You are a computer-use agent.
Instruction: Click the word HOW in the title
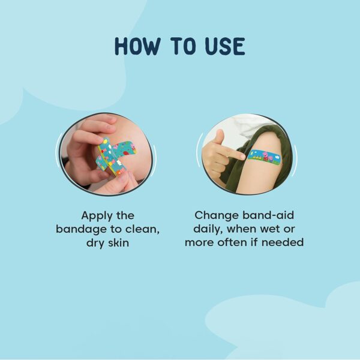[x=137, y=46]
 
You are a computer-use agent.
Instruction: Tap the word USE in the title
[x=225, y=46]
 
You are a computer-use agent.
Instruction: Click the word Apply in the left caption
[x=97, y=216]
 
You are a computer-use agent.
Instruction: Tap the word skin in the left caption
[x=118, y=242]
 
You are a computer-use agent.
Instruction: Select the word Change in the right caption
[x=217, y=216]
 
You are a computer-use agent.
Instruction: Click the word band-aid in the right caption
[x=268, y=215]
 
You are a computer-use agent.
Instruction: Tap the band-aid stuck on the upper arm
[x=265, y=157]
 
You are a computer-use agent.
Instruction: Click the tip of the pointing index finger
[x=244, y=157]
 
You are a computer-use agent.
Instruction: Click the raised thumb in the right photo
[x=220, y=137]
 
